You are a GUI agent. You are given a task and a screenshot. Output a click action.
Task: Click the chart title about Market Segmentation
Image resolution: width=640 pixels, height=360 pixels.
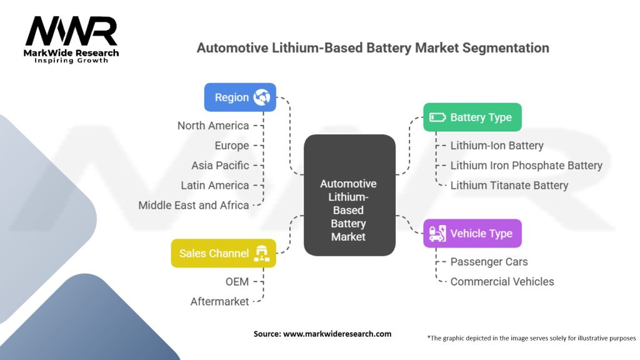click(373, 47)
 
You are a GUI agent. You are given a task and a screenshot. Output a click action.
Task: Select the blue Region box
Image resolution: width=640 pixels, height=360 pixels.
click(240, 97)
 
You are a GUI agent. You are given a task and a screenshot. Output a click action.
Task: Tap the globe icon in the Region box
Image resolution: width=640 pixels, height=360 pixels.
click(261, 97)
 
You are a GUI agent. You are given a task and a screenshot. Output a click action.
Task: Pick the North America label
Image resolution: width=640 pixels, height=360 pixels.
click(213, 126)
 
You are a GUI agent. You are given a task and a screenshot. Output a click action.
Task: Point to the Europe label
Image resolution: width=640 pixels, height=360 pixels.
click(231, 146)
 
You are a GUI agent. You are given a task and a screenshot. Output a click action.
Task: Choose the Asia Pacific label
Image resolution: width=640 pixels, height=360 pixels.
click(220, 166)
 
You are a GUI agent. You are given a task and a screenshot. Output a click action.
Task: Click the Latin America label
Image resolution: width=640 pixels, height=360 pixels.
click(215, 186)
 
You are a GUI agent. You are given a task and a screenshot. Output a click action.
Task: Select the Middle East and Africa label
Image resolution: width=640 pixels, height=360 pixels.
click(194, 205)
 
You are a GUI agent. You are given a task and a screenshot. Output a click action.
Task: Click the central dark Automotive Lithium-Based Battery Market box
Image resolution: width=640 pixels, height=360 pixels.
click(349, 195)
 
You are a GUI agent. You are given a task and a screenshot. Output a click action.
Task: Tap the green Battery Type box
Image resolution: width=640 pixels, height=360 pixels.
click(472, 117)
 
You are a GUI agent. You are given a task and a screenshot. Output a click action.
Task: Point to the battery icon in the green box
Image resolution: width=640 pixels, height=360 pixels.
click(437, 117)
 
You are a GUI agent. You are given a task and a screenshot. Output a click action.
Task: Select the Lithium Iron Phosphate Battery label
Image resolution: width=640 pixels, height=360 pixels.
click(526, 166)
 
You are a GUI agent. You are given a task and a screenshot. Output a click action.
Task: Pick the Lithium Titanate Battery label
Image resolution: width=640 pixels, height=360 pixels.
click(509, 186)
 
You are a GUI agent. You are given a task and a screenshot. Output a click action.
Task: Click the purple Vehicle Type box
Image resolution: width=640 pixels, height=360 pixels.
click(472, 234)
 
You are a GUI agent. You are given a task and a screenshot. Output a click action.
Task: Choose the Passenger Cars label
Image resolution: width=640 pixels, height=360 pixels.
click(489, 262)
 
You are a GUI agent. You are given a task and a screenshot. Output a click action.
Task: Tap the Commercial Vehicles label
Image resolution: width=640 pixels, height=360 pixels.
click(502, 282)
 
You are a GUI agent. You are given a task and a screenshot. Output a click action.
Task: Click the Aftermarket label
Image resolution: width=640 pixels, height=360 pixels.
click(220, 302)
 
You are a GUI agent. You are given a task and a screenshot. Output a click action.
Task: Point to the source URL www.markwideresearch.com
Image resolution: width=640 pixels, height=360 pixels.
click(337, 334)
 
